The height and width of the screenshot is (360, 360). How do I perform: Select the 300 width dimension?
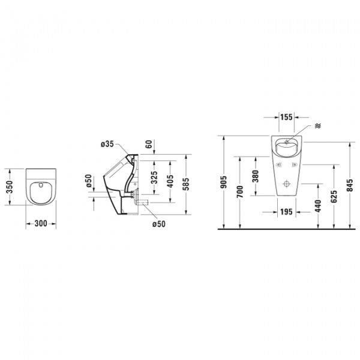41,223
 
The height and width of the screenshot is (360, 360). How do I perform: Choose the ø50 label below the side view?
158,224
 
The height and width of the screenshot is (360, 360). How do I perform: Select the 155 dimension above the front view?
286,118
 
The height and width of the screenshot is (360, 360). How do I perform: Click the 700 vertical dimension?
239,193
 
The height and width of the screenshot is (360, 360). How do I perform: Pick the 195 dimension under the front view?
286,212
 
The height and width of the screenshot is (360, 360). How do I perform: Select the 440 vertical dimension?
317,205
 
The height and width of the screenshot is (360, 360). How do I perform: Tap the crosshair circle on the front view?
286,183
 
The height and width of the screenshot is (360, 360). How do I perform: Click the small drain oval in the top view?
41,187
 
